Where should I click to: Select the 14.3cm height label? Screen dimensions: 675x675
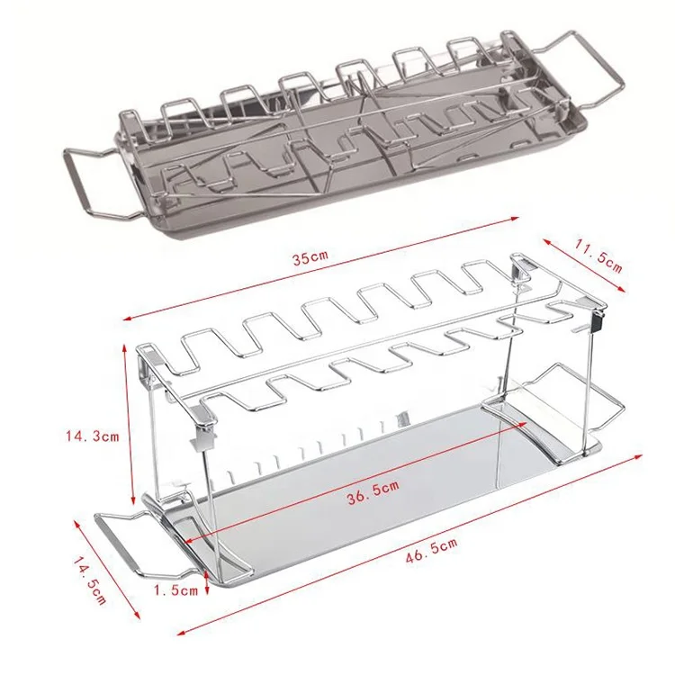tap(91, 437)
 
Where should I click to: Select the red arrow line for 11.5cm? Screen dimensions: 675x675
tap(585, 264)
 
